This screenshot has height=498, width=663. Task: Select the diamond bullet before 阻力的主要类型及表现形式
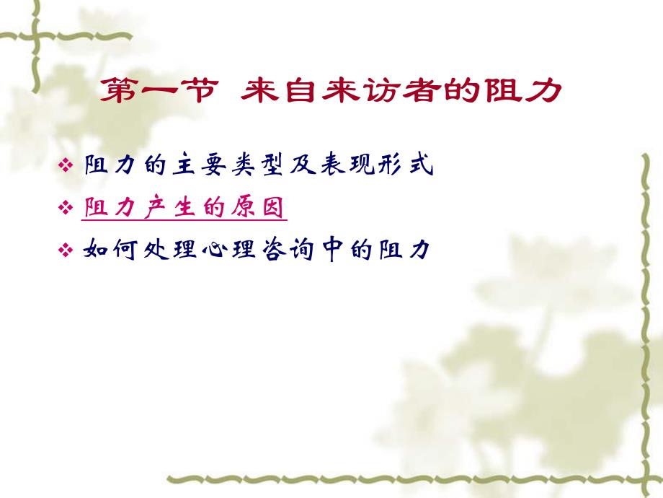point(66,167)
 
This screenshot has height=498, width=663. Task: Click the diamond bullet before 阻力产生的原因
point(66,209)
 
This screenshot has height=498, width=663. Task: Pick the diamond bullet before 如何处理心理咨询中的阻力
point(66,250)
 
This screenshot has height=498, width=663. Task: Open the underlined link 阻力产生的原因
point(185,209)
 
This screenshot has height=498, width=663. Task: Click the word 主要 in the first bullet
point(191,167)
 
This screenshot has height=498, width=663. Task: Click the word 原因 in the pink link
point(259,209)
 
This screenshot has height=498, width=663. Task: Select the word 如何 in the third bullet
point(110,250)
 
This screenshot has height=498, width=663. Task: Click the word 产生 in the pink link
point(171,209)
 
